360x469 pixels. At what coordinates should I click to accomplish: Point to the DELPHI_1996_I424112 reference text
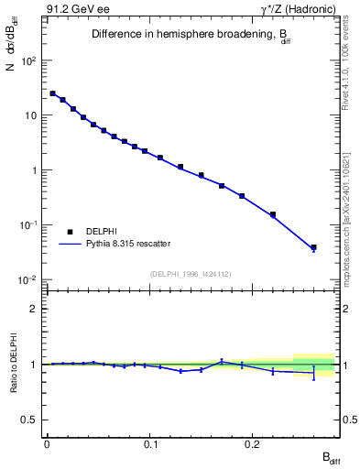tap(191, 273)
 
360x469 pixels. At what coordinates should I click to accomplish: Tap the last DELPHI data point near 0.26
tap(313, 247)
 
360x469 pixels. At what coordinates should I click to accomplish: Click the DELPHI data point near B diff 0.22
tap(273, 214)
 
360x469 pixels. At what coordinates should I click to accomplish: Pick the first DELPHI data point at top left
tap(52, 93)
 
